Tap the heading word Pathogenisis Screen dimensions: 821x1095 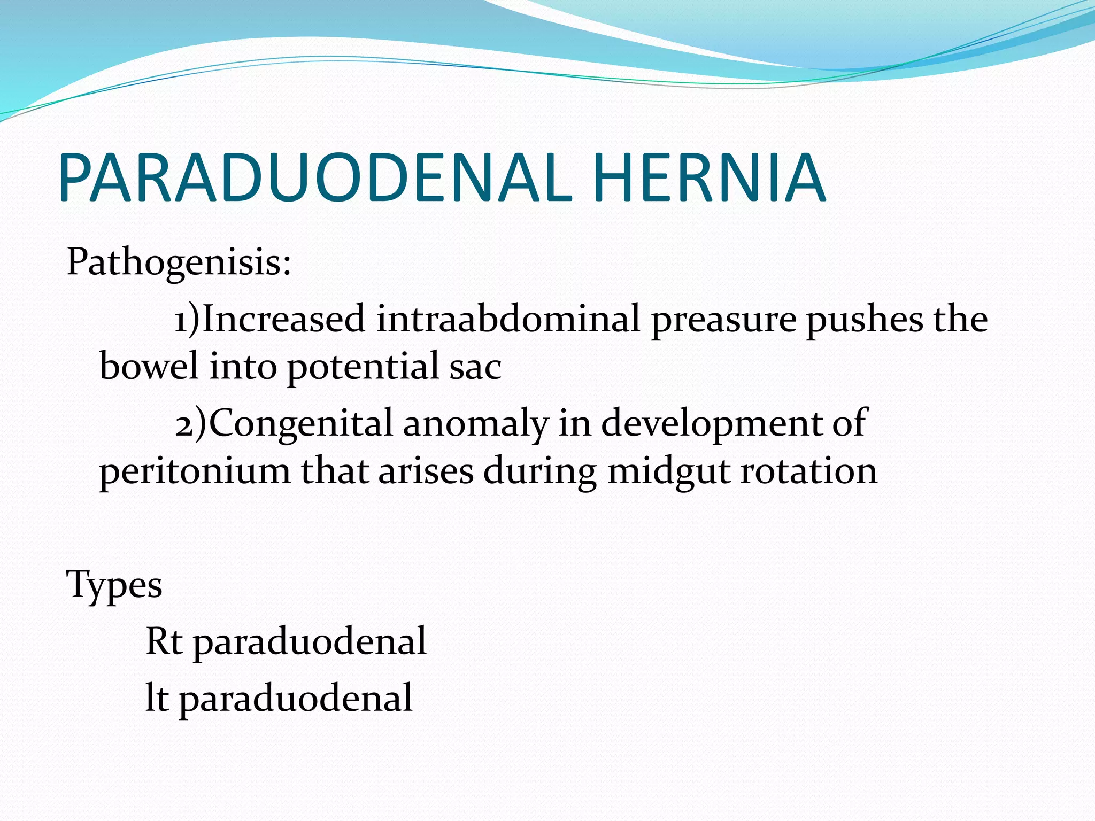[179, 263]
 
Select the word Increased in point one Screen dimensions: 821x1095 [284, 319]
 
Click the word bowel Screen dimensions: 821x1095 [149, 366]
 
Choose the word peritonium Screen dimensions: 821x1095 [195, 472]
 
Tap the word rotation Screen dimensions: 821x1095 [808, 471]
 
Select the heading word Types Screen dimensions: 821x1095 [114, 585]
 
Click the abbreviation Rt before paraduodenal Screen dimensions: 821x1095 [164, 641]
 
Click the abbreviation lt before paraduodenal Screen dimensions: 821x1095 [157, 698]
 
